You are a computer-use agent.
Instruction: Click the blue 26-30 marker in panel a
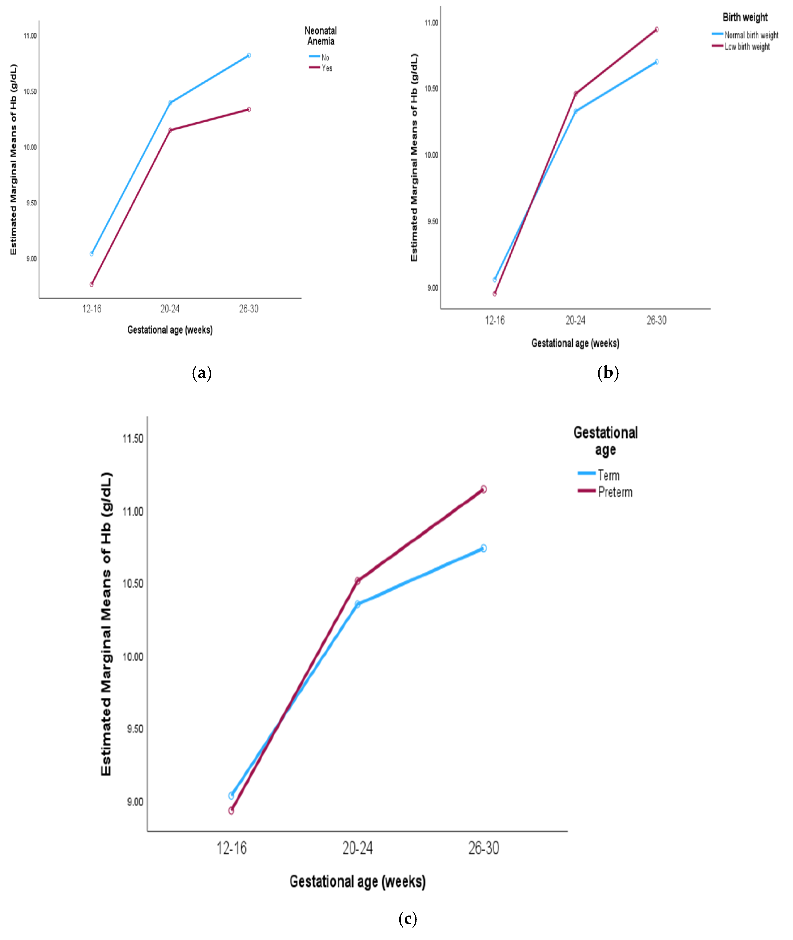[x=248, y=55]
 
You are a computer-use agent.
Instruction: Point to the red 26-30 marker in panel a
[x=248, y=109]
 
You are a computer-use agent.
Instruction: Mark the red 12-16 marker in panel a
[x=92, y=284]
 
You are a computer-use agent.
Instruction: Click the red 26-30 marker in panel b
[x=656, y=30]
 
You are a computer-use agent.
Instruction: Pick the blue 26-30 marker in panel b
[x=656, y=62]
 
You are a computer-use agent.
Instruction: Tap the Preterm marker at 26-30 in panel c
[x=483, y=489]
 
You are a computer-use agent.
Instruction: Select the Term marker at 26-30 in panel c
[x=483, y=548]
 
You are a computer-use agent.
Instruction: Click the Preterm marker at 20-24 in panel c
[x=357, y=580]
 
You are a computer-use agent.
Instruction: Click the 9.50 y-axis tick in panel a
[x=31, y=203]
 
